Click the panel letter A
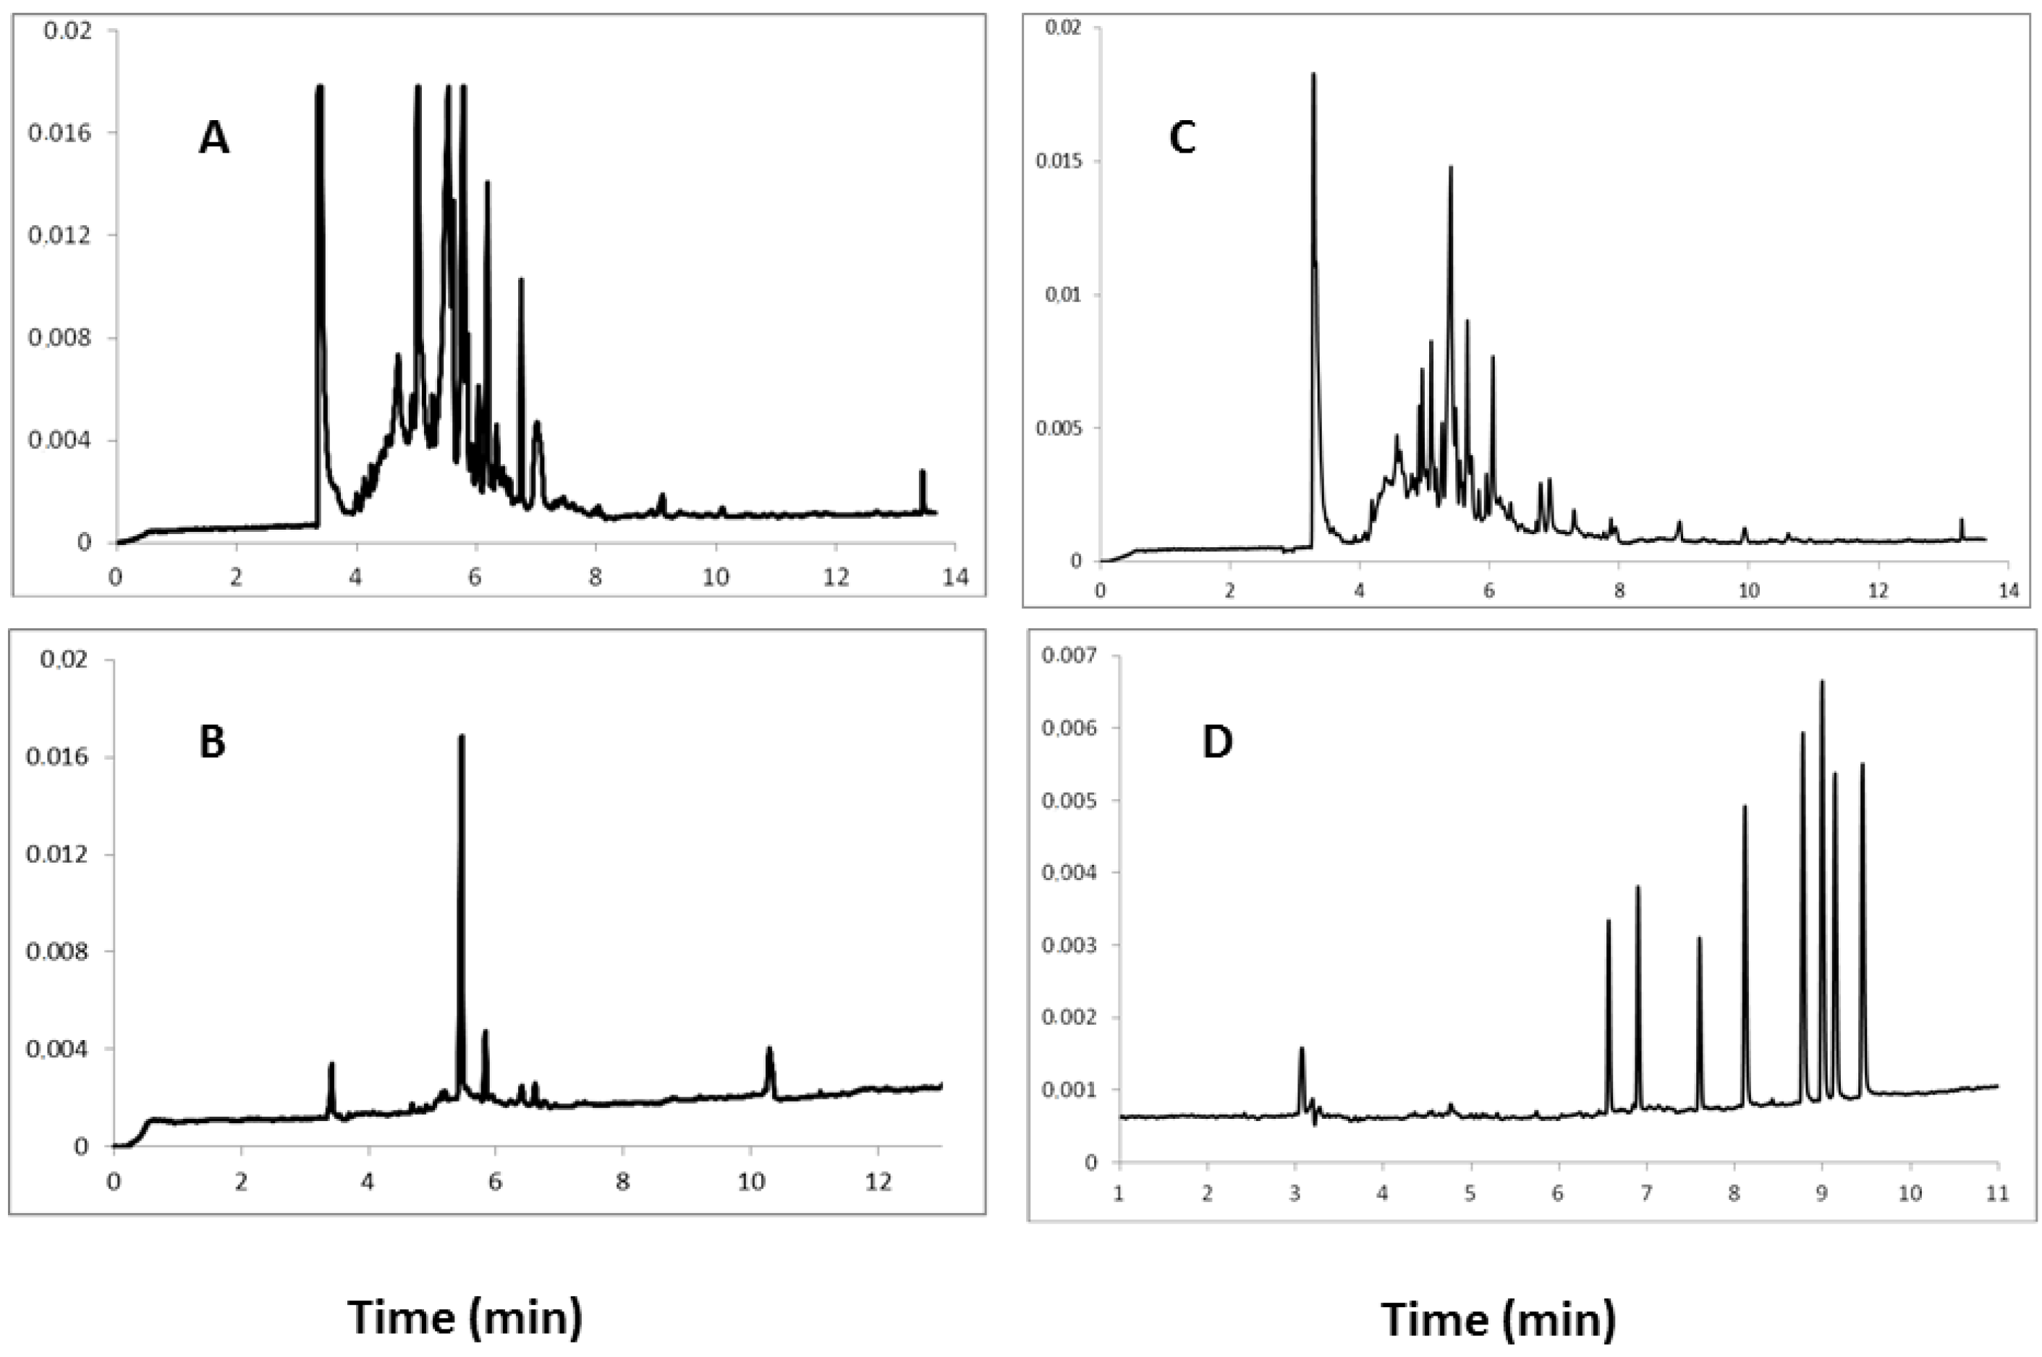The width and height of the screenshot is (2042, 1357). [213, 138]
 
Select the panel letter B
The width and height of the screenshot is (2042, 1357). [212, 743]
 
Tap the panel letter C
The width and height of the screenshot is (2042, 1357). [1182, 138]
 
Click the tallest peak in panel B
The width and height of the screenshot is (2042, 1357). [461, 737]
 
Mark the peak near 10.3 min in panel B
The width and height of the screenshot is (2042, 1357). [769, 1049]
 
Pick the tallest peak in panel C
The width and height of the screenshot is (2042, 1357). [1313, 76]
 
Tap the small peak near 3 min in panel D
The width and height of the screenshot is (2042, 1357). [1300, 1049]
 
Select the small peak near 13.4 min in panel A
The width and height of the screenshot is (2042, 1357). [923, 473]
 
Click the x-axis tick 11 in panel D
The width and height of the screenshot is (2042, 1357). [1997, 1195]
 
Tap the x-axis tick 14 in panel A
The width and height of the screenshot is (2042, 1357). [954, 578]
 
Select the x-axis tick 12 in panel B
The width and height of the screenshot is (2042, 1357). [878, 1182]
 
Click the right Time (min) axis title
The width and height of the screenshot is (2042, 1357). [1497, 1319]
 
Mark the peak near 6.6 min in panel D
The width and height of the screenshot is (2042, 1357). [1608, 922]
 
